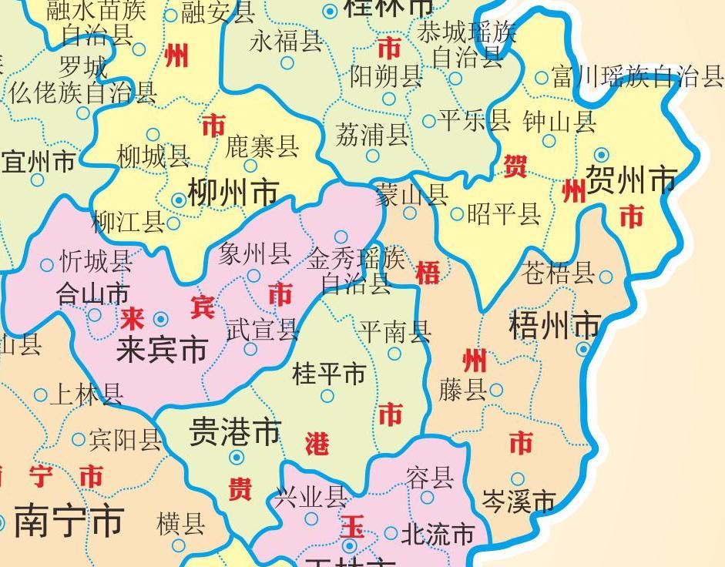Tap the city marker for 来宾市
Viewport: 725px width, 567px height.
click(x=161, y=318)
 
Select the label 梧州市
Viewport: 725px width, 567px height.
click(x=555, y=326)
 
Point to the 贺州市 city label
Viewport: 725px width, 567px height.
click(x=631, y=180)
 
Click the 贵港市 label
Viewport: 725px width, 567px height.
click(x=235, y=432)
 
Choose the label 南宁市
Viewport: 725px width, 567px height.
click(x=69, y=522)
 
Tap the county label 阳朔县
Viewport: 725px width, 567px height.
click(x=387, y=76)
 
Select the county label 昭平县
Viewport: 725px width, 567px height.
click(x=504, y=214)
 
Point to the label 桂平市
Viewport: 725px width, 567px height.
click(x=329, y=375)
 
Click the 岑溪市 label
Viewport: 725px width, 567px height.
click(x=519, y=502)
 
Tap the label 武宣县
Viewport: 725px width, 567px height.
click(x=263, y=330)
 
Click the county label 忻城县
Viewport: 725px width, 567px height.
click(x=96, y=262)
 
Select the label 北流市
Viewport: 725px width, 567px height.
click(x=438, y=533)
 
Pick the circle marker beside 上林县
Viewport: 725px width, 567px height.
click(x=41, y=396)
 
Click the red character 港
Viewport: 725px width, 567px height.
click(x=317, y=444)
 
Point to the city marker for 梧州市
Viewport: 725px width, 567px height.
click(x=583, y=350)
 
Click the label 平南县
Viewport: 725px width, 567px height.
click(x=395, y=332)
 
